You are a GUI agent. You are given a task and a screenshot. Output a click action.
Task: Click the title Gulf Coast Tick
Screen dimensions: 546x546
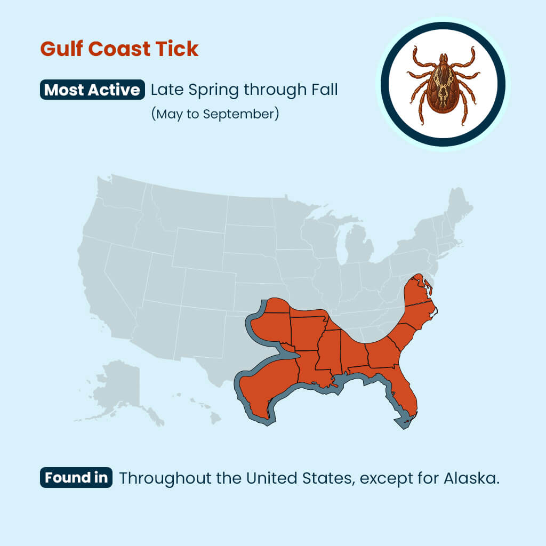tap(119, 49)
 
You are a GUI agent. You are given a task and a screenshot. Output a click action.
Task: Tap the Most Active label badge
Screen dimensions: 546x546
tap(92, 90)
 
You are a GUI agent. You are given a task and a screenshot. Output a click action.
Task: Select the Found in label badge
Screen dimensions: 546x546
tap(76, 477)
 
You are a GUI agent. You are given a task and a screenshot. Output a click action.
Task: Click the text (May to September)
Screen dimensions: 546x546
tap(214, 114)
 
